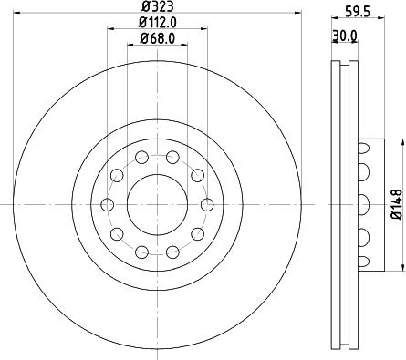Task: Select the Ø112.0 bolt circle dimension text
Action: pos(158,23)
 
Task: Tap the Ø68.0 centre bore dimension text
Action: pos(158,38)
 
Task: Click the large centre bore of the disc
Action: pos(157,204)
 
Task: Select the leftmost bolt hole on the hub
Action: pos(107,204)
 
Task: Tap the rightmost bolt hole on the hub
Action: pos(207,204)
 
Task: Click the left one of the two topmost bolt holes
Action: pos(141,158)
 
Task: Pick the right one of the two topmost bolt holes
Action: pos(172,158)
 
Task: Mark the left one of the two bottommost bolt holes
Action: pos(141,252)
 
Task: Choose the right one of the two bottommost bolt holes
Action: pos(172,252)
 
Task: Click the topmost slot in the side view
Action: pos(365,146)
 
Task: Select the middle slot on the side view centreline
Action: pos(365,204)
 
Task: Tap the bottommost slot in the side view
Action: pos(365,262)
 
